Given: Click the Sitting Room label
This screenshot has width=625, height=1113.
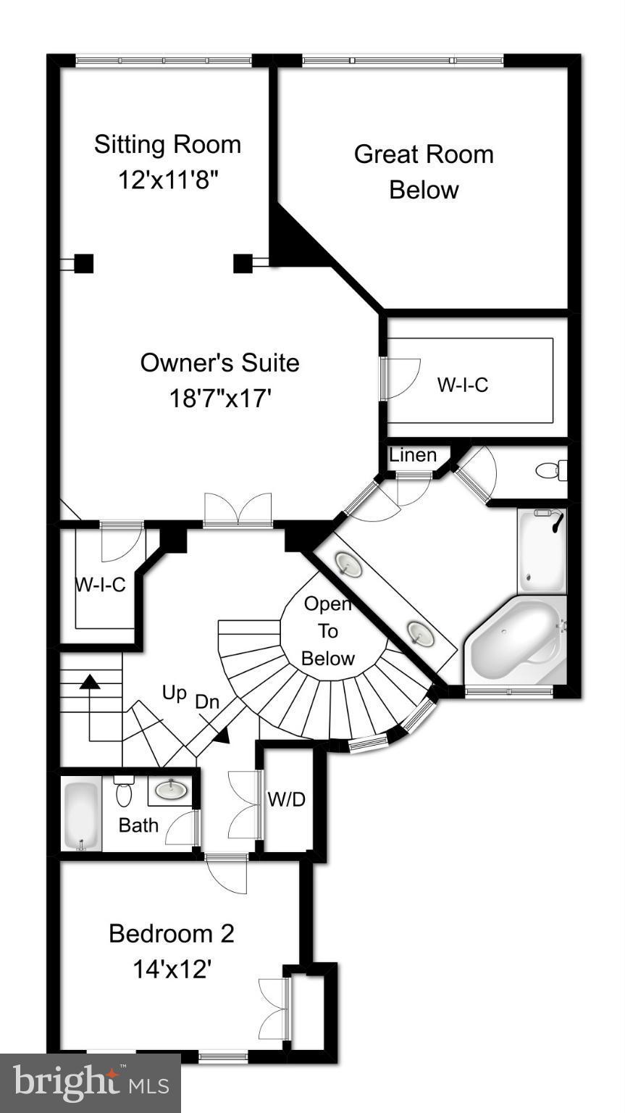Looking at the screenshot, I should coord(167,144).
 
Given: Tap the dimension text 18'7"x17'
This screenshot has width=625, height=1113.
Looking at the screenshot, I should coord(219,398).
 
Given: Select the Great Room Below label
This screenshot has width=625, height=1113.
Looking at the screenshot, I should coord(424,172).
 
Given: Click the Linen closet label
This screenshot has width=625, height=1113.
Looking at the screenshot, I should coord(413,455).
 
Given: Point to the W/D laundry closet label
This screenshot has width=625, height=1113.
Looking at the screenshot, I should coord(287,800).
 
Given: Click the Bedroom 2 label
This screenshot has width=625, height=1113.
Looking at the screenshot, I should coord(172,933).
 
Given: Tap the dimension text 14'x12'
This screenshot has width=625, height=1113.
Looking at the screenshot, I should coord(172,969).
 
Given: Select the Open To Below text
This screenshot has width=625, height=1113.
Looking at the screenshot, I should coord(328,631).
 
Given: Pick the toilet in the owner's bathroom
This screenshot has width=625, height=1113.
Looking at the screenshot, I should coord(551,470).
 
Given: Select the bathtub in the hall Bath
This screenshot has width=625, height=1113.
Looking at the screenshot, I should coord(80,814).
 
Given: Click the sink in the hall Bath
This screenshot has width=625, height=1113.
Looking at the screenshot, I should coord(169,789).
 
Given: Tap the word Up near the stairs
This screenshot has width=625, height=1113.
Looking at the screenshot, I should coord(175,693).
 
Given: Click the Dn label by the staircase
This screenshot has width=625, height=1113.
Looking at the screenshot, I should coord(207,702).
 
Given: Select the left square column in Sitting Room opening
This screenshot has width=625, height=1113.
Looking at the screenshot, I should coord(84,263).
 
